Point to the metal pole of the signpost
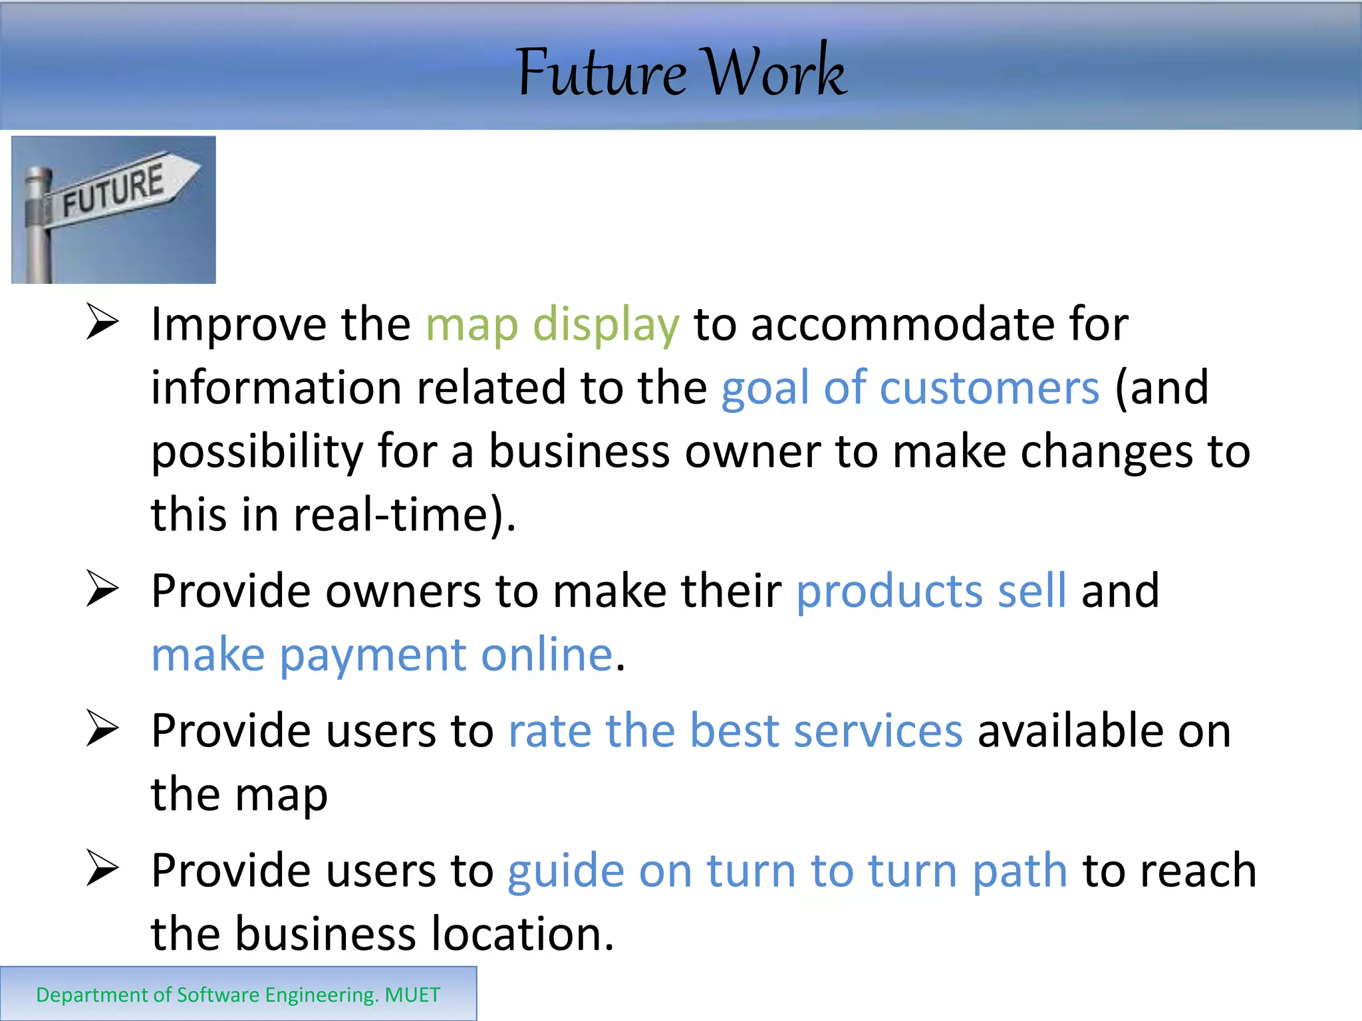[37, 233]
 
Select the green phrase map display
[552, 325]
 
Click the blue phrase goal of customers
[910, 388]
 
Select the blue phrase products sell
[931, 591]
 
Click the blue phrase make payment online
[382, 655]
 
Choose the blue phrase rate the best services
[735, 731]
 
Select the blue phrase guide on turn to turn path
[787, 871]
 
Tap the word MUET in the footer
[412, 995]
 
